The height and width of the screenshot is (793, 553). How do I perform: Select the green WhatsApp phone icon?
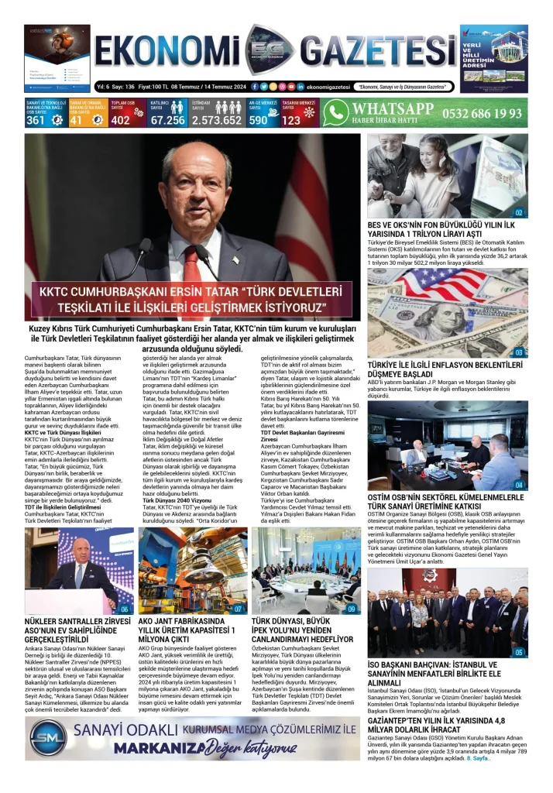click(x=336, y=113)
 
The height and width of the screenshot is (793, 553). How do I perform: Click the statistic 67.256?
click(x=167, y=120)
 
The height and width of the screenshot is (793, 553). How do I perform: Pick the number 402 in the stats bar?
click(x=121, y=120)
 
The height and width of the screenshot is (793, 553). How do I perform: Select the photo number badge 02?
click(x=519, y=212)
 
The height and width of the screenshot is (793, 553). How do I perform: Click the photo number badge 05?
click(x=519, y=652)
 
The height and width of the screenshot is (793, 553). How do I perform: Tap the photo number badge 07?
click(x=239, y=609)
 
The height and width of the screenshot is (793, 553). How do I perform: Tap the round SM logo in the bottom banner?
click(x=47, y=739)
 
